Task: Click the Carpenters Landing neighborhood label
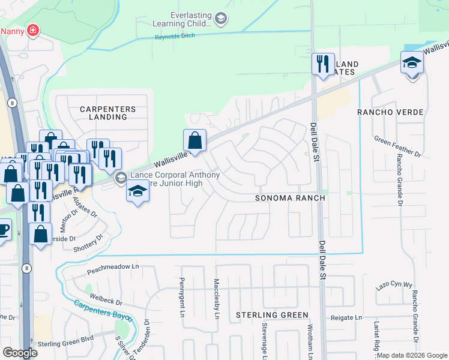(x=104, y=113)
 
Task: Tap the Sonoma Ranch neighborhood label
(x=290, y=198)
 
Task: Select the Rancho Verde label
(x=390, y=112)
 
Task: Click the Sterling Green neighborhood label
(x=272, y=315)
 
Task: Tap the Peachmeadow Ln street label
(x=113, y=266)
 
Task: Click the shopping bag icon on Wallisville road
(x=195, y=142)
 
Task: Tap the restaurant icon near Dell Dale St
(x=323, y=64)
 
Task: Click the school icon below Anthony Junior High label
(x=138, y=192)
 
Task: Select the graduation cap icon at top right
(x=412, y=63)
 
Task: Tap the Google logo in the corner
(x=20, y=353)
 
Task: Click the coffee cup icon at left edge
(x=3, y=229)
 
